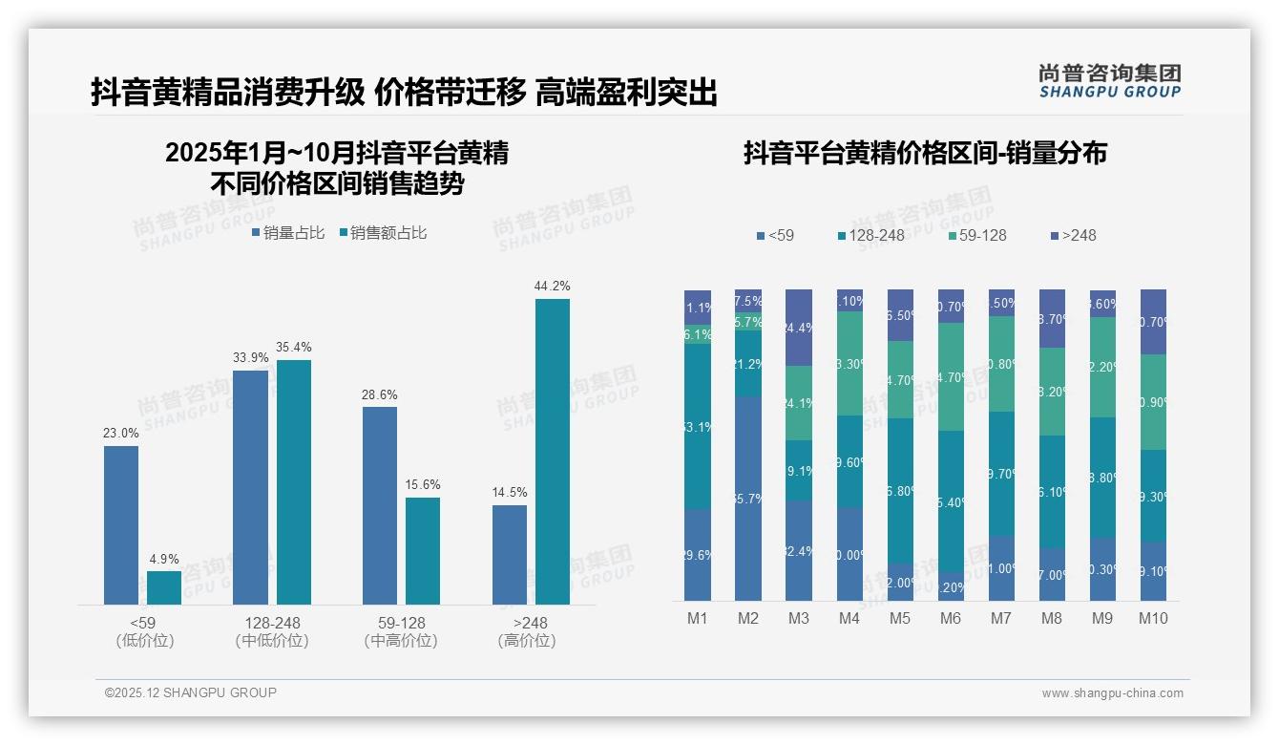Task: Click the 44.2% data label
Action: [553, 286]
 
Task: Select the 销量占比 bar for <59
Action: [121, 525]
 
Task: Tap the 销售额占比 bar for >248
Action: [553, 452]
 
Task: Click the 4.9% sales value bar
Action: [164, 587]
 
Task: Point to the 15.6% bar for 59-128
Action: [423, 551]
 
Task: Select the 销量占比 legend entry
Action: [288, 232]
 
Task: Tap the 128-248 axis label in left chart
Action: [272, 623]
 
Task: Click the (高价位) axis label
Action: [527, 641]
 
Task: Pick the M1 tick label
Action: [698, 618]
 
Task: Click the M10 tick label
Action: [1153, 618]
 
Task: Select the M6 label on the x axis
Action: [951, 618]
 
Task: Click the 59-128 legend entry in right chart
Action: [976, 235]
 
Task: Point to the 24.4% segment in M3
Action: [799, 328]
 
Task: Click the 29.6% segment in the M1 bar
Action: [698, 555]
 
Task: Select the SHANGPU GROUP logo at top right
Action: [1109, 80]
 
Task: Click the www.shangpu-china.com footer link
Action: [1112, 693]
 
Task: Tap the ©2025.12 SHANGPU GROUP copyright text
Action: [191, 692]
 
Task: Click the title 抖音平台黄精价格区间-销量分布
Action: [925, 153]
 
